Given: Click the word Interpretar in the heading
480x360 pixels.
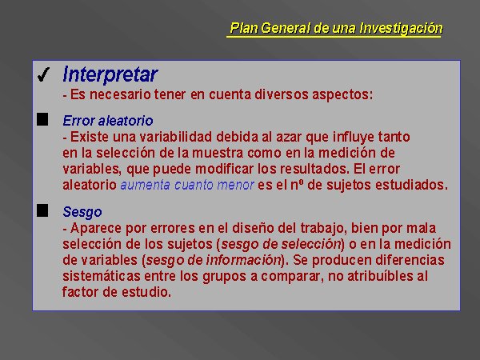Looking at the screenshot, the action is (x=110, y=74).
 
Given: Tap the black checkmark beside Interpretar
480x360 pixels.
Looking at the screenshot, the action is (x=43, y=74).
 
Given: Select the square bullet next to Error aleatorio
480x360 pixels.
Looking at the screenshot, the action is (x=42, y=119).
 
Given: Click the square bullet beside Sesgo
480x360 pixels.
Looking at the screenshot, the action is (x=42, y=210).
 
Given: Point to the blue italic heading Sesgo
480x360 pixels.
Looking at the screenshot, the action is (x=82, y=212).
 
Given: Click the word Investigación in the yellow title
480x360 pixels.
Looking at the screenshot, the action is (x=402, y=28).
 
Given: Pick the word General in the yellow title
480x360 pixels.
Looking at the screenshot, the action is (x=285, y=28).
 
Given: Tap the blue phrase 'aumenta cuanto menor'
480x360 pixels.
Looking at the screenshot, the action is (x=187, y=185).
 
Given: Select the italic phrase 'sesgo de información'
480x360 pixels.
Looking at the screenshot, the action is (x=214, y=260).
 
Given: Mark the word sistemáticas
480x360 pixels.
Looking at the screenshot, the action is (x=102, y=276).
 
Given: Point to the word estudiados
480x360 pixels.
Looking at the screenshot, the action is (x=411, y=185).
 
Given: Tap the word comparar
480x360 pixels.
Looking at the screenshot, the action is (x=292, y=277).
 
